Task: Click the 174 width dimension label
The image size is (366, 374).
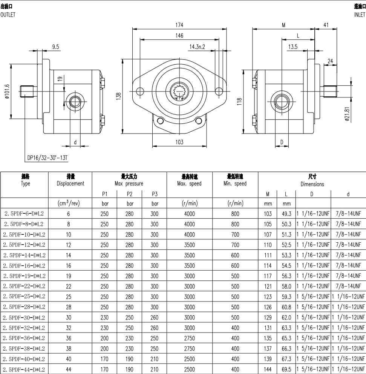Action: pyautogui.click(x=179, y=25)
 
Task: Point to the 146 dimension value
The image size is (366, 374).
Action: pyautogui.click(x=179, y=35)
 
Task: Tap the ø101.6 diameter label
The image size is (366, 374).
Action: pyautogui.click(x=7, y=91)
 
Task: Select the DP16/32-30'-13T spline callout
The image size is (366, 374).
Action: pyautogui.click(x=47, y=158)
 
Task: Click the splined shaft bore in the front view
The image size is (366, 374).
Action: pyautogui.click(x=179, y=91)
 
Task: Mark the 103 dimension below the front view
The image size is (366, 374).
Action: pyautogui.click(x=179, y=142)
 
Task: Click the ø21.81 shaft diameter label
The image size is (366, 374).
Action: pyautogui.click(x=347, y=114)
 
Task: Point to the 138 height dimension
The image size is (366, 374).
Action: pyautogui.click(x=118, y=96)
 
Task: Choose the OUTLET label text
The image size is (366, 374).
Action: pyautogui.click(x=8, y=15)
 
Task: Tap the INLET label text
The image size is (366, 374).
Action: pyautogui.click(x=360, y=15)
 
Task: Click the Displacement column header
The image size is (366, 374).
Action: pyautogui.click(x=70, y=183)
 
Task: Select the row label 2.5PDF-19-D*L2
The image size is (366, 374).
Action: pyautogui.click(x=24, y=276)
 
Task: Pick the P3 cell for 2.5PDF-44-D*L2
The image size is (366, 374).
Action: pyautogui.click(x=154, y=369)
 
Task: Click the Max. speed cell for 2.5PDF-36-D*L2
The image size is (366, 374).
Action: pyautogui.click(x=190, y=338)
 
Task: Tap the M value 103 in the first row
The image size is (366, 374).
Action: pyautogui.click(x=268, y=214)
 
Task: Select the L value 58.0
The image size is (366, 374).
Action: pyautogui.click(x=286, y=286)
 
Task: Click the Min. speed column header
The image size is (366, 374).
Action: pyautogui.click(x=235, y=183)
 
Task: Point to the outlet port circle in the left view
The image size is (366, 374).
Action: pyautogui.click(x=75, y=102)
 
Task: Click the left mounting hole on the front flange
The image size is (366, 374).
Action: pyautogui.click(x=140, y=91)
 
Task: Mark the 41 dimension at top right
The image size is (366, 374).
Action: pyautogui.click(x=326, y=25)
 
